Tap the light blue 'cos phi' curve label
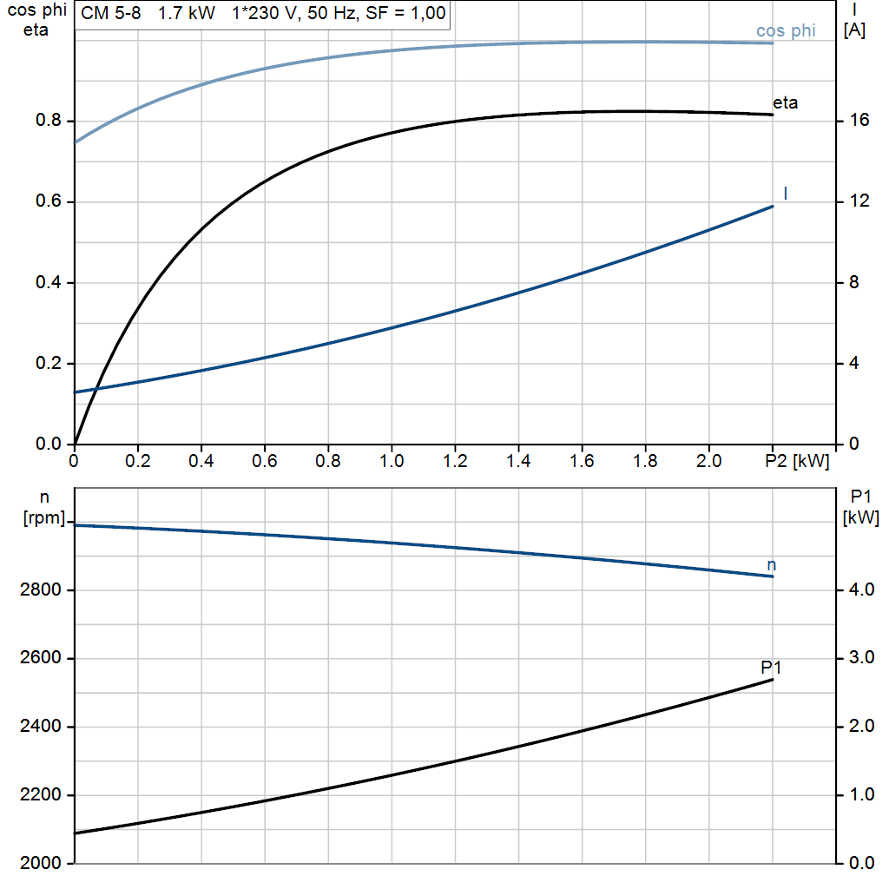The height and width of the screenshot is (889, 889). coord(786,31)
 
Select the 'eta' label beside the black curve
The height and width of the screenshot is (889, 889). coord(785,102)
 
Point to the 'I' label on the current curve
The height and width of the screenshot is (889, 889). coord(786,193)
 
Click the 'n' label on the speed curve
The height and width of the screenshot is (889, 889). coord(772,565)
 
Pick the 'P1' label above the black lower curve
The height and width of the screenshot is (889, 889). coord(771,668)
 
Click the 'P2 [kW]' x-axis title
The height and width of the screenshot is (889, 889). coord(798,460)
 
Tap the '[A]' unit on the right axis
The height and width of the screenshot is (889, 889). coord(855,30)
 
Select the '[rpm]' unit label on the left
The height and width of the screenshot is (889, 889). coord(44,518)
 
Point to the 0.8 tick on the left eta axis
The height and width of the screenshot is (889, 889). coord(47,122)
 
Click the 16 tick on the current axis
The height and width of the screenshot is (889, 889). coord(859,122)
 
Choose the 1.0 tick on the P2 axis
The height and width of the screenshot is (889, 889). coord(392,460)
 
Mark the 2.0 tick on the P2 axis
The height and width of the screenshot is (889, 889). coord(709,460)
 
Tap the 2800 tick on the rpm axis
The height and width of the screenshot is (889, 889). coord(39,590)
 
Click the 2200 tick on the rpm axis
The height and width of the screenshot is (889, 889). coord(39,795)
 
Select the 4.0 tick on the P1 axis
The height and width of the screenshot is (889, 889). coord(861,590)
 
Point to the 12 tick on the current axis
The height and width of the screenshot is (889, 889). coord(859,202)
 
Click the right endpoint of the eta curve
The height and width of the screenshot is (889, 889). coord(773,115)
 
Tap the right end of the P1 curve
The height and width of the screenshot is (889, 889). coord(773,679)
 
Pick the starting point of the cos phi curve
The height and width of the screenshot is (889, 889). coord(76,142)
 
